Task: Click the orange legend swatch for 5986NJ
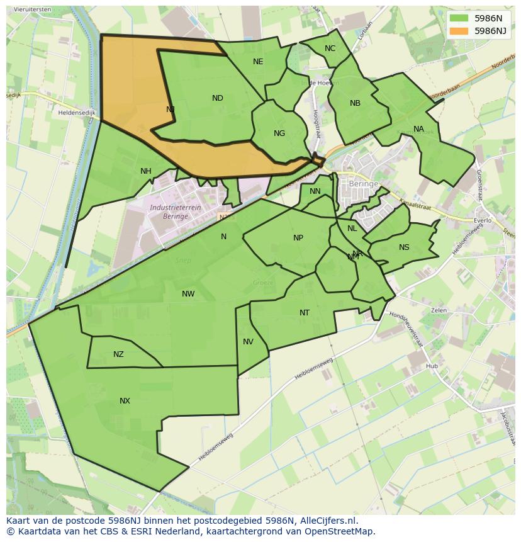pos(460,31)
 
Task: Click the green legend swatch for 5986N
pos(460,18)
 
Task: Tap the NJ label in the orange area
pos(171,110)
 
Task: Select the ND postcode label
pos(218,98)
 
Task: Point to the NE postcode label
pos(258,62)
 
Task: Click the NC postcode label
pos(330,48)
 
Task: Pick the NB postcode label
pos(355,103)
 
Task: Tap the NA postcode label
pos(418,130)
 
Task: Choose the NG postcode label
pos(279,133)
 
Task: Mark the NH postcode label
pos(146,171)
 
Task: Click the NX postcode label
pos(125,401)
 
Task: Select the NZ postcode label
pos(118,354)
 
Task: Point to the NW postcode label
pos(188,294)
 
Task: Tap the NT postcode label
pos(305,313)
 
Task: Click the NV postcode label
pos(248,342)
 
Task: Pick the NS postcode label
pos(404,247)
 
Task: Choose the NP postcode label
pos(298,238)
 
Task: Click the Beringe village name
pos(364,184)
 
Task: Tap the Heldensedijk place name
pos(76,112)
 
